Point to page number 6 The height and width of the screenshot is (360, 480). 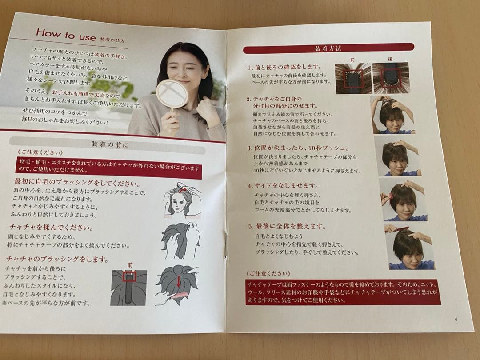pos(456,319)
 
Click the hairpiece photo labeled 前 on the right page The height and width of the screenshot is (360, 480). pos(353,78)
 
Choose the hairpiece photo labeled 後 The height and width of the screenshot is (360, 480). pos(390,78)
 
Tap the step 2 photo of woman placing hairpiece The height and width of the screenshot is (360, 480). pos(393,115)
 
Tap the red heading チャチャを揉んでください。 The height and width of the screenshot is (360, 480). pos(50,228)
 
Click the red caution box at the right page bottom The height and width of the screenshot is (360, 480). pos(342,292)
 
